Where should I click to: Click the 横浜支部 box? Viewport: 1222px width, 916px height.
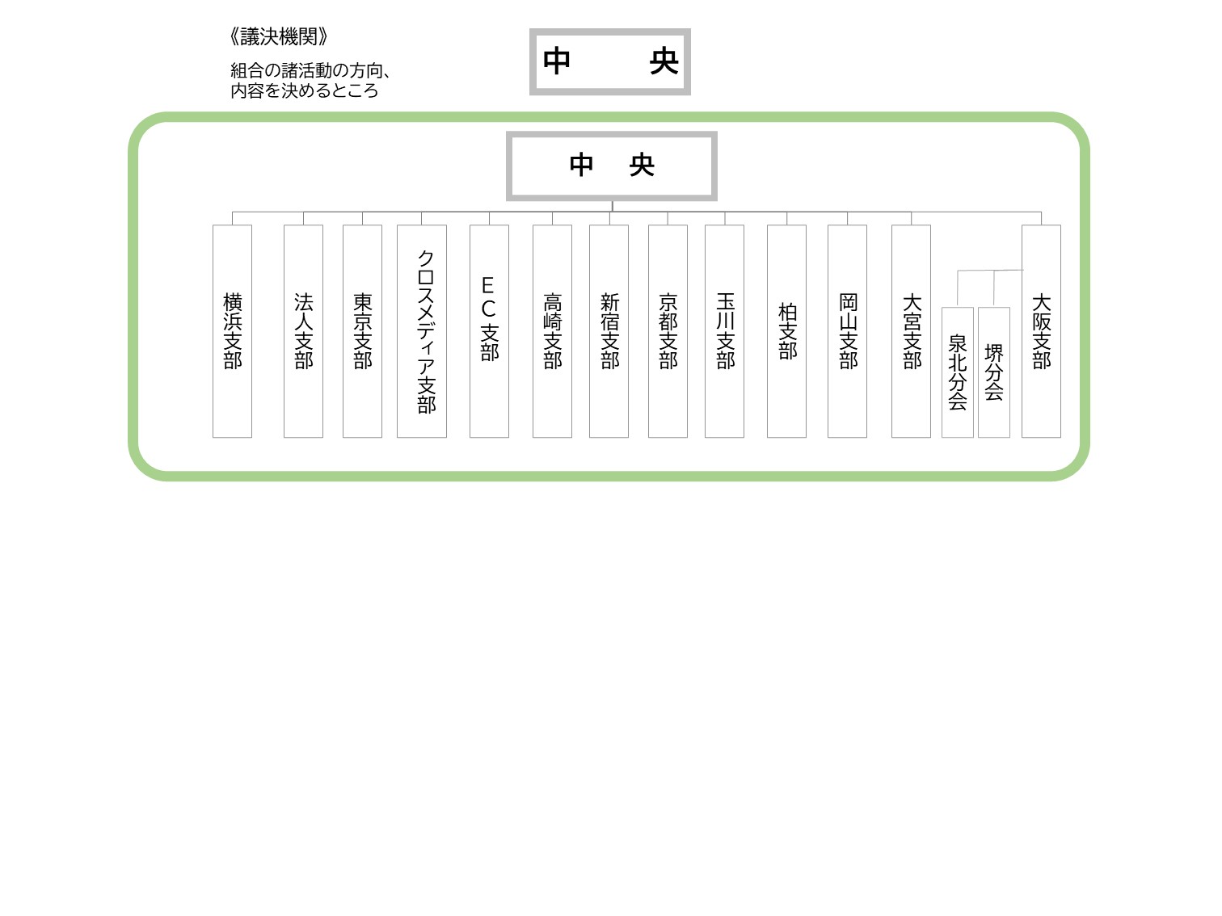tap(232, 331)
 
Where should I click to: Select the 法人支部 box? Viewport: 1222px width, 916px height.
tap(303, 331)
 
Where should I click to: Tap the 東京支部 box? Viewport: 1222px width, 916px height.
tap(362, 331)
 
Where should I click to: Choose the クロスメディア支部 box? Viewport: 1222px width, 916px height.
tap(422, 331)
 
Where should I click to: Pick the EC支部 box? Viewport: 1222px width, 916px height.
tap(489, 331)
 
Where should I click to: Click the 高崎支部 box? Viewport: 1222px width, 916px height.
tap(552, 331)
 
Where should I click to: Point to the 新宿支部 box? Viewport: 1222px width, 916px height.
tap(609, 331)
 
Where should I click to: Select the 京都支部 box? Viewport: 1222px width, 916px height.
tap(668, 331)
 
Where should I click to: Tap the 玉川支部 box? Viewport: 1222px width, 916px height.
tap(725, 331)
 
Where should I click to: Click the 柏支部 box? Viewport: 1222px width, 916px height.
tap(786, 331)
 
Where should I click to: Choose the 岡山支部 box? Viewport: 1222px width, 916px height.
tap(847, 331)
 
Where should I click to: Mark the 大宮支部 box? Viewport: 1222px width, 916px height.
tap(912, 331)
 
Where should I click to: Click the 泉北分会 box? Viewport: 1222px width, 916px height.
tap(958, 372)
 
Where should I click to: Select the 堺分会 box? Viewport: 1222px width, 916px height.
tap(994, 372)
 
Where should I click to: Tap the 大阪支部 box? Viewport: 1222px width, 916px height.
tap(1042, 331)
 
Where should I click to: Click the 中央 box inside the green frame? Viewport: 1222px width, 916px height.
tap(612, 166)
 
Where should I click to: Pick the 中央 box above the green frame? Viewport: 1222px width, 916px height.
tap(610, 61)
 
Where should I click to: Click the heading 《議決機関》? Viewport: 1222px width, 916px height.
tap(279, 36)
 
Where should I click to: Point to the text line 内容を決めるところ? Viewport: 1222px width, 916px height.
tap(305, 90)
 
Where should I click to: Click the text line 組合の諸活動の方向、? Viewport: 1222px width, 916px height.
tap(310, 70)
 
